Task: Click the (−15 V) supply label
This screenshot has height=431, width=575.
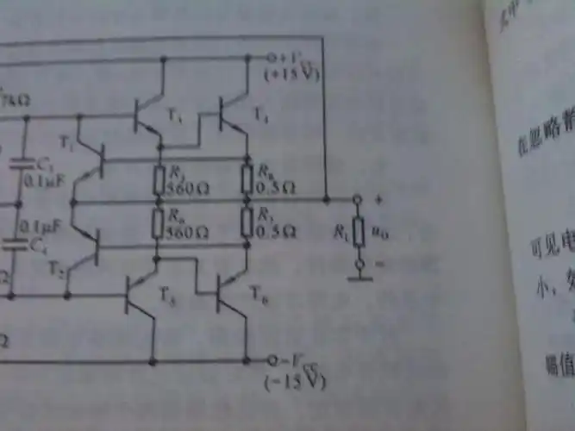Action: point(299,380)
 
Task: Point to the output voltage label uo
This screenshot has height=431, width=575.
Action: point(377,232)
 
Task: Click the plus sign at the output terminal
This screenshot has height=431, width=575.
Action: point(378,198)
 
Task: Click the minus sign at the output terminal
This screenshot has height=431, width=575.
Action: point(379,264)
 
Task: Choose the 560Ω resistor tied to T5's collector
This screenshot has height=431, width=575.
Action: point(158,222)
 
